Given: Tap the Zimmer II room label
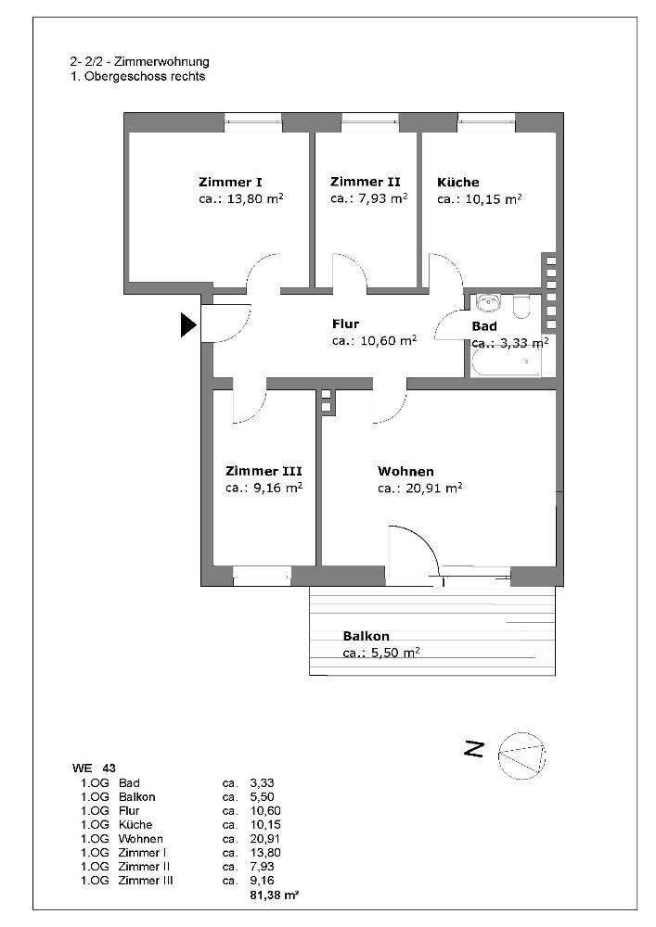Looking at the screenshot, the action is [x=365, y=182].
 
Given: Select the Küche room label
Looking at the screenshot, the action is [x=458, y=182].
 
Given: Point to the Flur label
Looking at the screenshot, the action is [x=345, y=324].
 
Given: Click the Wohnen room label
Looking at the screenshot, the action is [x=405, y=471].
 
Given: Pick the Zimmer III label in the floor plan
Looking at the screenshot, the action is [x=263, y=471].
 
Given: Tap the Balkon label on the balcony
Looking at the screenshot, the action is [x=366, y=637].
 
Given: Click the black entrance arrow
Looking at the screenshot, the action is [x=188, y=324].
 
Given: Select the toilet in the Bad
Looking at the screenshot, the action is [x=521, y=305].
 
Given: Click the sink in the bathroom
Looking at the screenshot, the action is [x=487, y=304].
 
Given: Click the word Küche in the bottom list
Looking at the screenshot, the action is [x=135, y=825].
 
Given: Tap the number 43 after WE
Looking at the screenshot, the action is [x=110, y=768].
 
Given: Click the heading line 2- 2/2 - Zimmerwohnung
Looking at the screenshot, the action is [x=139, y=62].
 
